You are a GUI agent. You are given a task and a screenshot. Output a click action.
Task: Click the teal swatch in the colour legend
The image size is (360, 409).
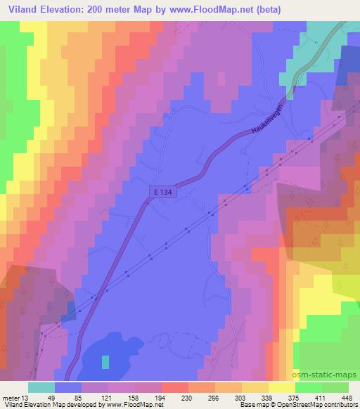[41, 387]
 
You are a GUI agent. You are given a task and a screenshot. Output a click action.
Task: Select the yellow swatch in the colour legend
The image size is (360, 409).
[282, 387]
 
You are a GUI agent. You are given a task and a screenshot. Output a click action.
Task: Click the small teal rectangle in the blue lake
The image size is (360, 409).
[105, 361]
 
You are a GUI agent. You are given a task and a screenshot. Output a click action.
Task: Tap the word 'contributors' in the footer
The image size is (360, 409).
[340, 405]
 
